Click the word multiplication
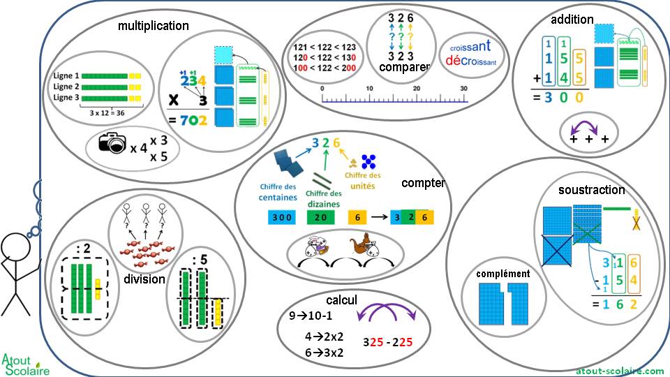click(153, 26)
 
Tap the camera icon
click(112, 143)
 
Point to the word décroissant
click(470, 61)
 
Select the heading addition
click(572, 20)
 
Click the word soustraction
click(592, 189)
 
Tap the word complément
click(503, 274)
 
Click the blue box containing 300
click(282, 217)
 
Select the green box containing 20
click(321, 217)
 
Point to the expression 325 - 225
click(391, 343)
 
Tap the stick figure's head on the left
click(15, 248)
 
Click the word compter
click(423, 183)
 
